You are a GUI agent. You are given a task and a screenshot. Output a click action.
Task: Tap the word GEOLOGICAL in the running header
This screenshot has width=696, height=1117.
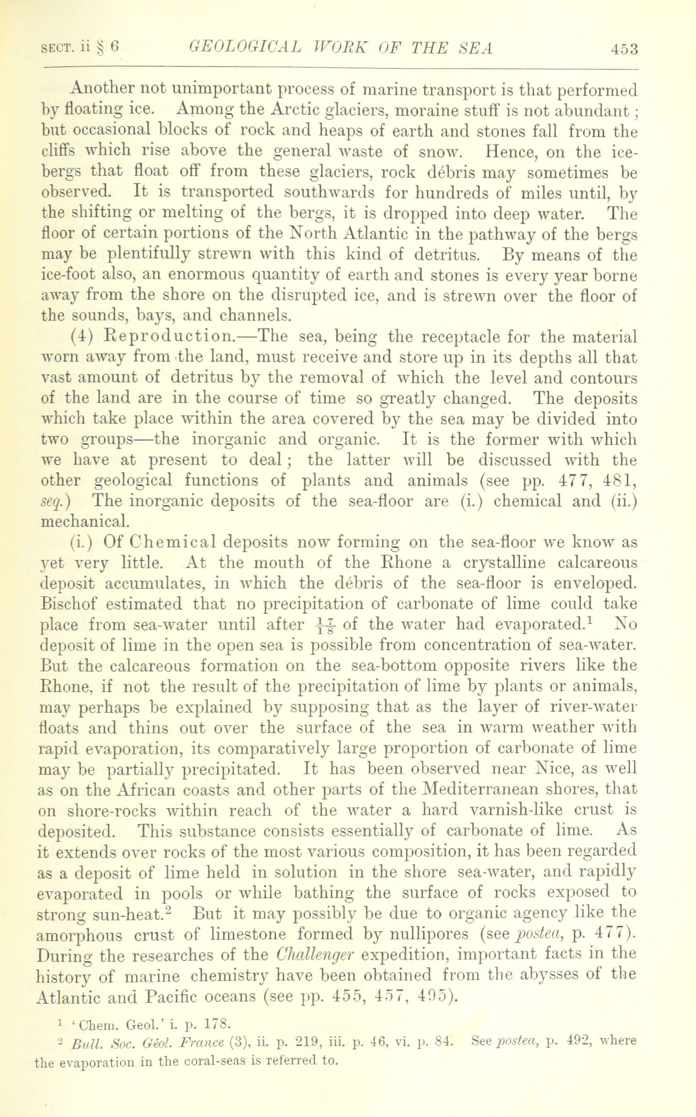pyautogui.click(x=245, y=48)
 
